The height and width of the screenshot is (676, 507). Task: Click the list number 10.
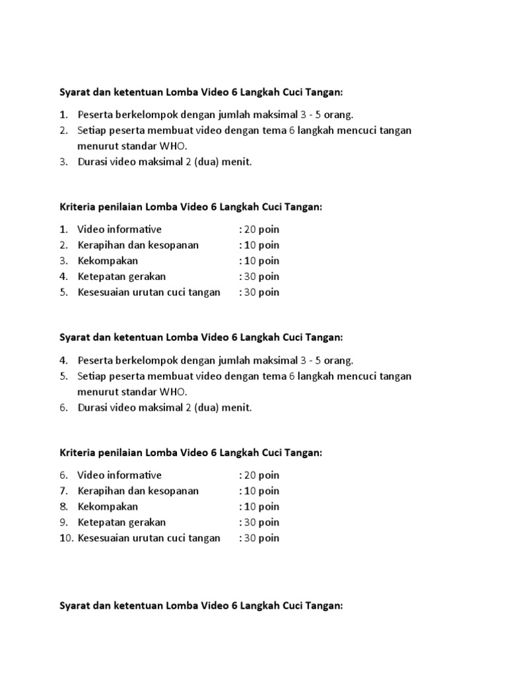65,538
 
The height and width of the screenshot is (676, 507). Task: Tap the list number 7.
63,490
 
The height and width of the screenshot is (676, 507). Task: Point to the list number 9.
63,522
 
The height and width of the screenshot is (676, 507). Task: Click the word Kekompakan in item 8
108,506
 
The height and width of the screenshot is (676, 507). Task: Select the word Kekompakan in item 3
108,261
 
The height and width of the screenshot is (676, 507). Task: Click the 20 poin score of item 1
261,229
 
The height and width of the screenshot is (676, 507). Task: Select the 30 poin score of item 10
261,538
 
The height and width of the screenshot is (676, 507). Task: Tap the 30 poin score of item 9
261,522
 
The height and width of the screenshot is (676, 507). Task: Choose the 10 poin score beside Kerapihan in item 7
261,490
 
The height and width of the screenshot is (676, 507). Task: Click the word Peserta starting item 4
95,360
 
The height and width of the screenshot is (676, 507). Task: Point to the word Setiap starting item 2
92,130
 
